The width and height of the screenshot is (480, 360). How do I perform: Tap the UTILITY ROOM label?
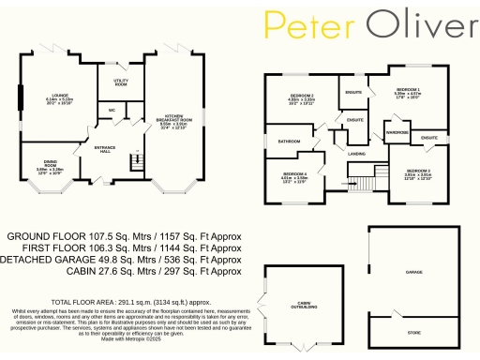tap(121, 83)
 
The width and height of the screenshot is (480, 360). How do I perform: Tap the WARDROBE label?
tap(396, 132)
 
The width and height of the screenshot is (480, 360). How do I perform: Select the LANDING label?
tap(356, 153)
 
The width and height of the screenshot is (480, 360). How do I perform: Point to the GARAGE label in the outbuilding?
tap(412, 272)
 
